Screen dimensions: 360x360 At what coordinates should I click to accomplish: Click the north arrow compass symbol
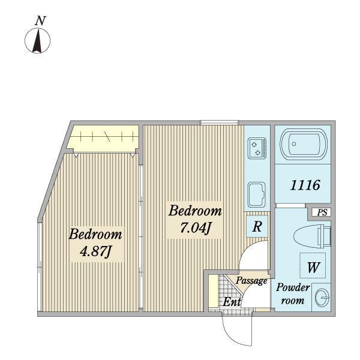pyautogui.click(x=37, y=41)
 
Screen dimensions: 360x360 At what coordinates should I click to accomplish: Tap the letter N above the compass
pyautogui.click(x=40, y=20)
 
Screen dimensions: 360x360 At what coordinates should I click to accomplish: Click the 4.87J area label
pyautogui.click(x=95, y=251)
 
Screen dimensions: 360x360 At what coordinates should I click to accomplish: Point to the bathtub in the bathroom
pyautogui.click(x=304, y=144)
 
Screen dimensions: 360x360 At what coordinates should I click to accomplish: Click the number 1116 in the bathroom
pyautogui.click(x=305, y=185)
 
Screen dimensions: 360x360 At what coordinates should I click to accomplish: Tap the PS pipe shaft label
pyautogui.click(x=322, y=212)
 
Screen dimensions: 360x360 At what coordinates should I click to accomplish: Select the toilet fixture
pyautogui.click(x=312, y=235)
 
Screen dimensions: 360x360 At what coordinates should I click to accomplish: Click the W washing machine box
pyautogui.click(x=313, y=265)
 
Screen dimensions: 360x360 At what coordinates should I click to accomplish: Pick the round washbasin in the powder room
pyautogui.click(x=322, y=298)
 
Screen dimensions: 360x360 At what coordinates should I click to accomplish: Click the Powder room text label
pyautogui.click(x=293, y=294)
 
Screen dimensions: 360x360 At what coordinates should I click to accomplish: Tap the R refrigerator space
pyautogui.click(x=257, y=226)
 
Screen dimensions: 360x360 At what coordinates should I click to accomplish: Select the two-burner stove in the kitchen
pyautogui.click(x=257, y=148)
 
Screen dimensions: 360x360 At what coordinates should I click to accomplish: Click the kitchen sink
pyautogui.click(x=257, y=194)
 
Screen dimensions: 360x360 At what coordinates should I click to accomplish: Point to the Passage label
pyautogui.click(x=251, y=281)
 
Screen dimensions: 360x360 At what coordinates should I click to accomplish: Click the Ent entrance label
pyautogui.click(x=232, y=301)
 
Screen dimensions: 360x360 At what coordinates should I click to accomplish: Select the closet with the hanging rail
pyautogui.click(x=103, y=139)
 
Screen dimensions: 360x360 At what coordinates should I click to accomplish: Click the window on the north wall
pyautogui.click(x=220, y=122)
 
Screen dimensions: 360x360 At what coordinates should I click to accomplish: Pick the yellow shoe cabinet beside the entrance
pyautogui.click(x=213, y=290)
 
